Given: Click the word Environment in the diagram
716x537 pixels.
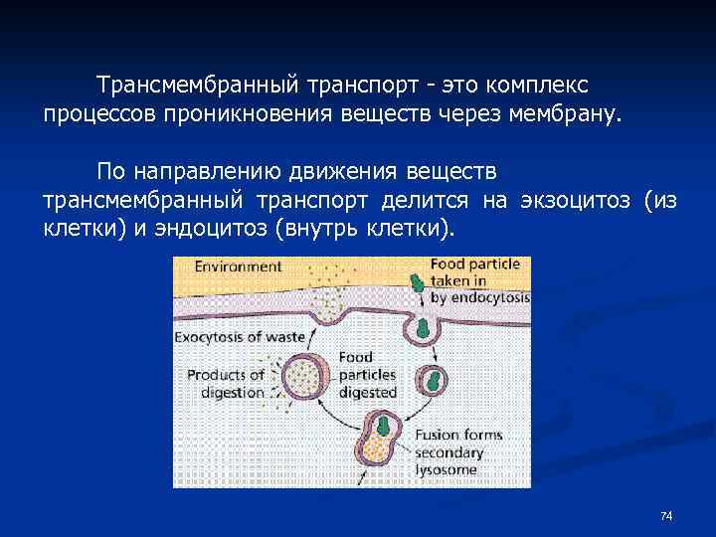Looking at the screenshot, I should (x=238, y=267).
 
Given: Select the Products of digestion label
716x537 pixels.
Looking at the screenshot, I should (x=227, y=383).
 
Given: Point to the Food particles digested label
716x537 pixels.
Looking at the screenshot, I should (x=367, y=375).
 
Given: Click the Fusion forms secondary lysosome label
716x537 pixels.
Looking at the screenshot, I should (x=458, y=452).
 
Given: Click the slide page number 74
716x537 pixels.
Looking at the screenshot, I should (x=666, y=515).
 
